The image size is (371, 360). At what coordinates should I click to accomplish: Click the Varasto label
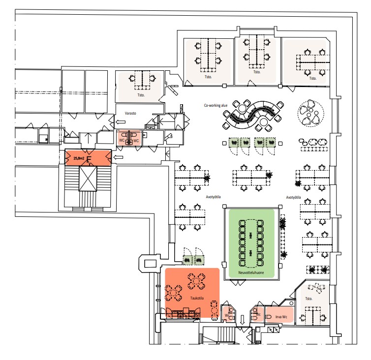point(130,113)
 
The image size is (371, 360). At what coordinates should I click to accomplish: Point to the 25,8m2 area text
point(79,158)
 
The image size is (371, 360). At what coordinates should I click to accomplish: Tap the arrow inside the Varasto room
point(121,122)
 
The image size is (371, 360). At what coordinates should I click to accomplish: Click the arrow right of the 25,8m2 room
point(118,157)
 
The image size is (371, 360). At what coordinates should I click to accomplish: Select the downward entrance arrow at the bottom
point(242,320)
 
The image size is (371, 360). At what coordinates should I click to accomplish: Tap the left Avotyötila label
point(213,197)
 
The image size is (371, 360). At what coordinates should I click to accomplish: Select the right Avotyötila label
point(294,197)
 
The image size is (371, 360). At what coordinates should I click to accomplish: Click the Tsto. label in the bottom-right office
point(309,299)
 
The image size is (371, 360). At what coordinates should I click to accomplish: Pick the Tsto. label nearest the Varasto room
point(141,95)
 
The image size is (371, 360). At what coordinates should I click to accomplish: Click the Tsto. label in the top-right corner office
point(312,78)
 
